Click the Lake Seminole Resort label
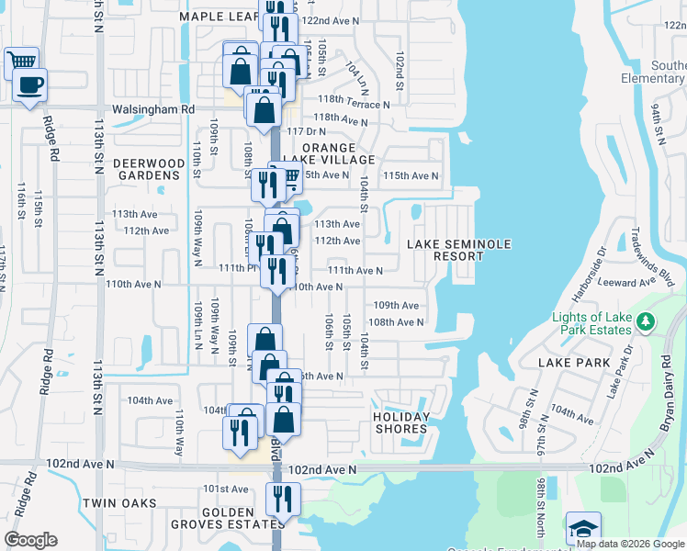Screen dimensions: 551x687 coord(459,250)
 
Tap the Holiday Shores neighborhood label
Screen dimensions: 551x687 coord(401,422)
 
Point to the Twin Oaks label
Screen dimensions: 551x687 coord(119,503)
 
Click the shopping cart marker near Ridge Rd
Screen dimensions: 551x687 coord(21,62)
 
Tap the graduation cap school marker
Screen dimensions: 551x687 coord(582,529)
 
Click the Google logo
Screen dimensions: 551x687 coord(30,540)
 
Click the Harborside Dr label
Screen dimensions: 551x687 coord(588,266)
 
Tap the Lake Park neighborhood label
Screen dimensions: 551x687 coord(574,363)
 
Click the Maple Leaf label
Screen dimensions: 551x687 coord(213,17)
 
